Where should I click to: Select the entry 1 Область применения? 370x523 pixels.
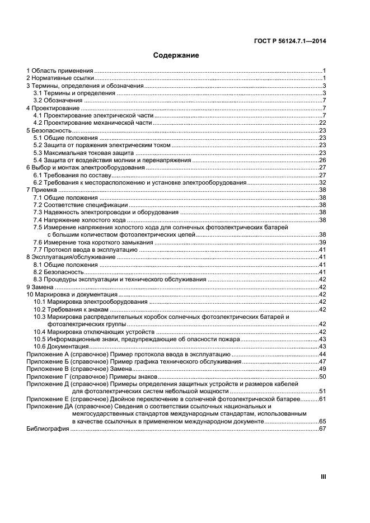[x=60, y=71]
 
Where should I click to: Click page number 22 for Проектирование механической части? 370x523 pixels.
[x=322, y=122]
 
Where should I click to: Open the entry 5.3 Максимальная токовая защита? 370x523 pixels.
[x=83, y=152]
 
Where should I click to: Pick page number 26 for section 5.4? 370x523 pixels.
[x=322, y=160]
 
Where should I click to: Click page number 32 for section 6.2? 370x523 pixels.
[x=322, y=182]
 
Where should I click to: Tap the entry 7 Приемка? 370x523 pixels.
[x=42, y=190]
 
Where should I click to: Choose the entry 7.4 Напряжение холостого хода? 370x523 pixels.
[x=80, y=220]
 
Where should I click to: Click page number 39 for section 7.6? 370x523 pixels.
[x=322, y=242]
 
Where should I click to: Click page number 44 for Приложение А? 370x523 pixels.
[x=322, y=355]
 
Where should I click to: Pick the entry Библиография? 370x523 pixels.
[x=48, y=428]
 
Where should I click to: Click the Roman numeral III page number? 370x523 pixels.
[x=322, y=477]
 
